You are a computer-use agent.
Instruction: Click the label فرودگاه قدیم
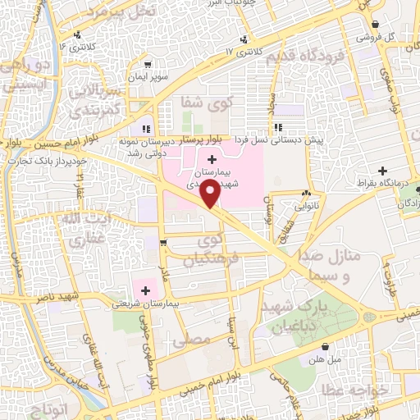320,59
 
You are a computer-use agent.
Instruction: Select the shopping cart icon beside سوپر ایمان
146,64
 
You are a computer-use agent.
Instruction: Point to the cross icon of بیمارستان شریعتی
145,290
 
